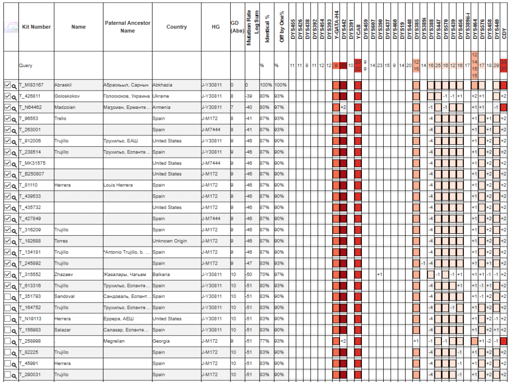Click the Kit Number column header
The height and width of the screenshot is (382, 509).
click(36, 27)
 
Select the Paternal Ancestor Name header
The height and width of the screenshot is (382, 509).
click(127, 27)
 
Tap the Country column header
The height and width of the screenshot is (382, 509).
click(176, 27)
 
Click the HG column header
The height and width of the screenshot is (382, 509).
click(215, 27)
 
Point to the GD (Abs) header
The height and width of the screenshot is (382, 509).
click(237, 27)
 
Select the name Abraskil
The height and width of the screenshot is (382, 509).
click(63, 85)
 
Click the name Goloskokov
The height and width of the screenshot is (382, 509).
click(67, 96)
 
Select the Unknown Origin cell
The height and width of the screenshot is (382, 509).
click(170, 241)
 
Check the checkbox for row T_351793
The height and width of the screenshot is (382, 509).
click(7, 297)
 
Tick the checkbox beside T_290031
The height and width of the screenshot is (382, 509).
click(7, 375)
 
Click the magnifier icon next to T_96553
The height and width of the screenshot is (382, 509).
click(14, 119)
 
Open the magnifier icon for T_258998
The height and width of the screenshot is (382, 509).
click(14, 342)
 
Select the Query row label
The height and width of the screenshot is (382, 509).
click(26, 65)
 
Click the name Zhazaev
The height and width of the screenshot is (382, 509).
click(63, 275)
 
